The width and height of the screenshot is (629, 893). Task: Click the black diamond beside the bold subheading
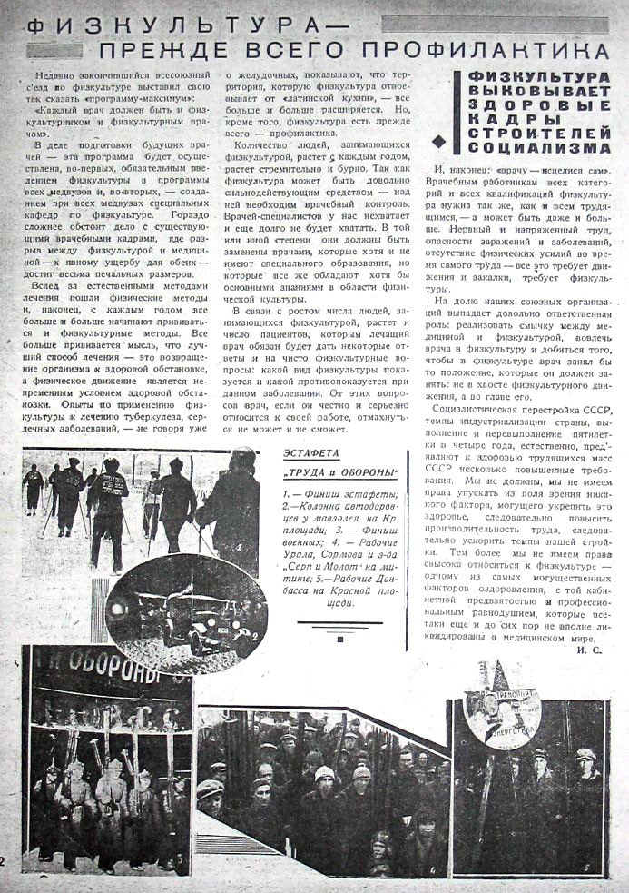pos(440,139)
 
